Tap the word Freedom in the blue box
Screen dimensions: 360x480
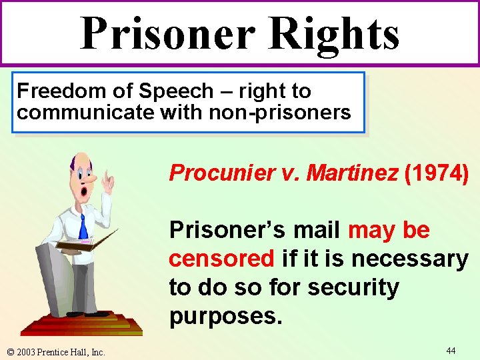(x=57, y=91)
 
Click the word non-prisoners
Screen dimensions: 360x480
(x=279, y=112)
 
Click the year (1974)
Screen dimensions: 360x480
(x=436, y=173)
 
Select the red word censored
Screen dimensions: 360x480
(x=221, y=258)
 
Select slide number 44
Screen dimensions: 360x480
(x=451, y=350)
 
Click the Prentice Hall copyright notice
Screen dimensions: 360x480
(x=56, y=351)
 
